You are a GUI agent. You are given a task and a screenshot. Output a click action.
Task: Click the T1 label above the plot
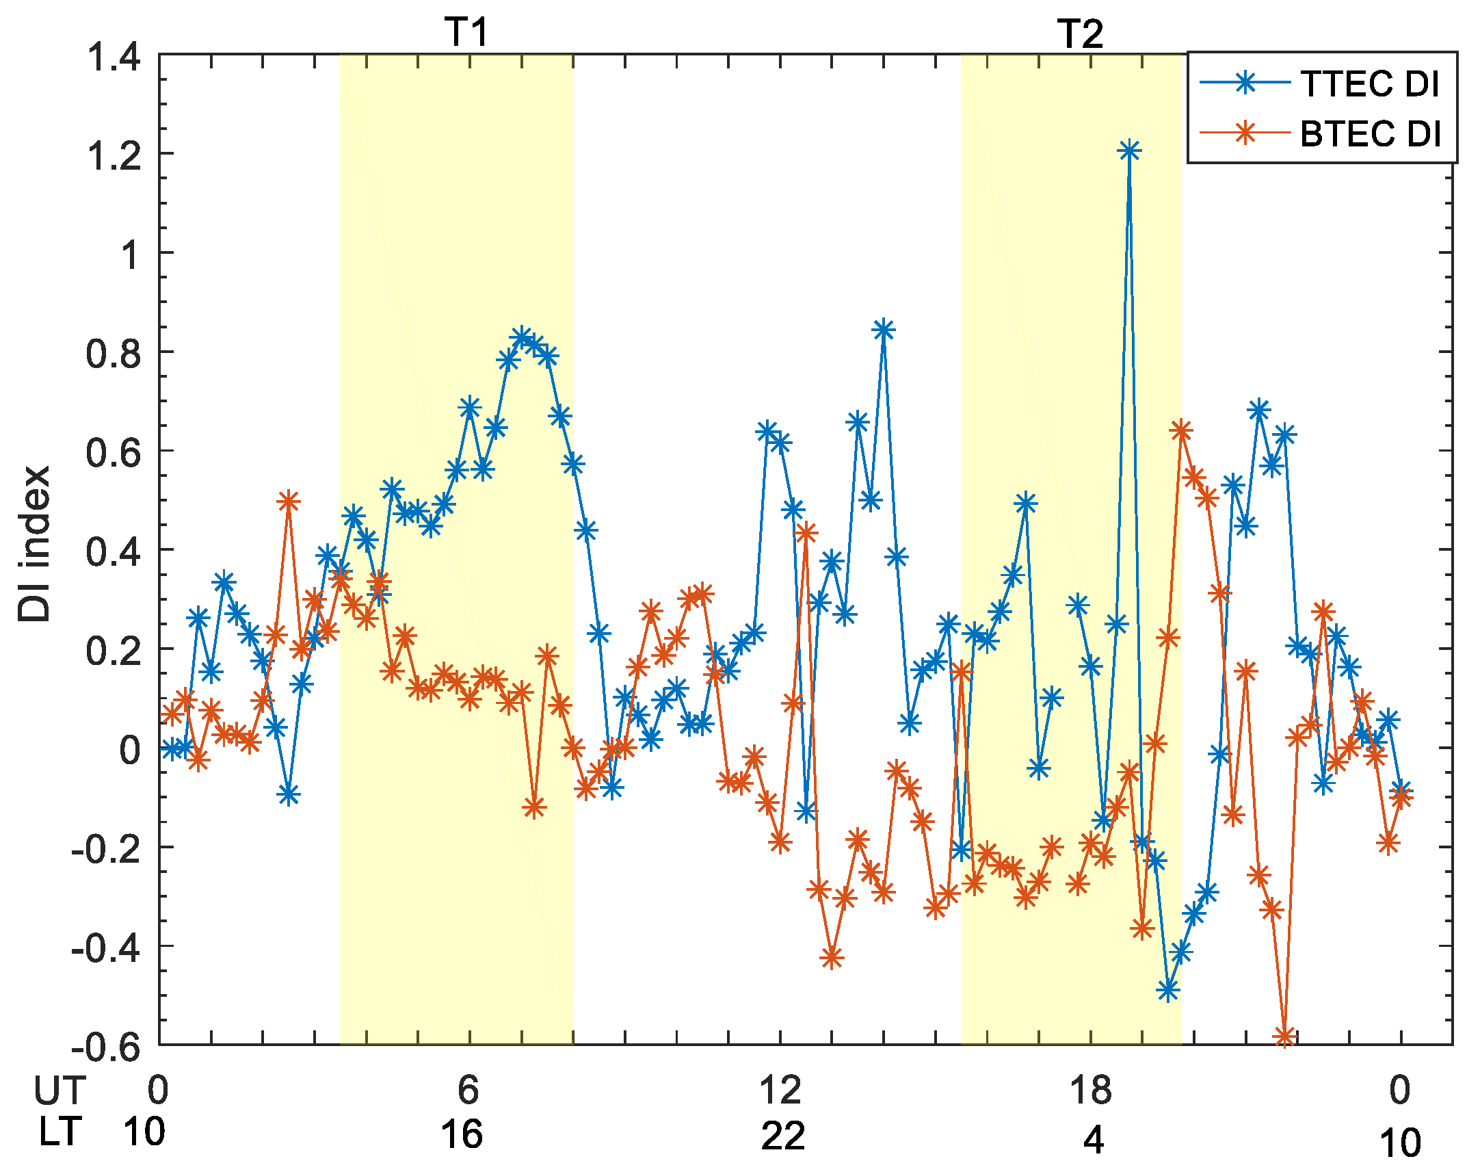tap(466, 32)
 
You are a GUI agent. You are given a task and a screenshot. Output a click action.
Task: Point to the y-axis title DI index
tap(34, 544)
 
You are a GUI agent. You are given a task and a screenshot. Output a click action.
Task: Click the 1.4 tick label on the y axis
tap(113, 56)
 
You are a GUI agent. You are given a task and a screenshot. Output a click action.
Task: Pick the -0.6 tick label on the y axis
tap(106, 1047)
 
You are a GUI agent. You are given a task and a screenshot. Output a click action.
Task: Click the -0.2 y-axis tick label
tap(106, 849)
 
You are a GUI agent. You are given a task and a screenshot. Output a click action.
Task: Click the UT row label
tap(60, 1091)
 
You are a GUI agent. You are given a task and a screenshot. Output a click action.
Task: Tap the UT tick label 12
tap(780, 1091)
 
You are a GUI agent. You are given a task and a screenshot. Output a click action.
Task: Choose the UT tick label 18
tap(1090, 1091)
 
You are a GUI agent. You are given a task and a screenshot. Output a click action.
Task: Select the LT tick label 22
tap(782, 1136)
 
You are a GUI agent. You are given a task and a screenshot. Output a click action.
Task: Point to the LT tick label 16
tap(462, 1134)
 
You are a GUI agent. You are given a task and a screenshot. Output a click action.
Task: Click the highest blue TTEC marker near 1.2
tap(1129, 151)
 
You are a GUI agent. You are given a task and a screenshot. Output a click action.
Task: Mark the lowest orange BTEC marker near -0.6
tap(1285, 1037)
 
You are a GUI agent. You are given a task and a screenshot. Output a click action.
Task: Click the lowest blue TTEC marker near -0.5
tap(1168, 990)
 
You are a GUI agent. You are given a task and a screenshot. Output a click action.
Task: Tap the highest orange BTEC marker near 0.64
tap(1181, 431)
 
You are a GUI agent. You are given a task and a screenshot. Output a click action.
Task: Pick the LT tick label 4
tap(1093, 1139)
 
